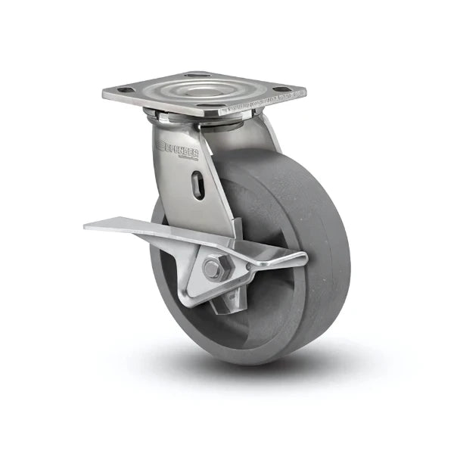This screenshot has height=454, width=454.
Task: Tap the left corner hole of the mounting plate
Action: tap(126, 90)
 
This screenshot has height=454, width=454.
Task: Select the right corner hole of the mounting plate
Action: tap(282, 89)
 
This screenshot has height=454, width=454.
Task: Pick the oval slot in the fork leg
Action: tap(197, 185)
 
